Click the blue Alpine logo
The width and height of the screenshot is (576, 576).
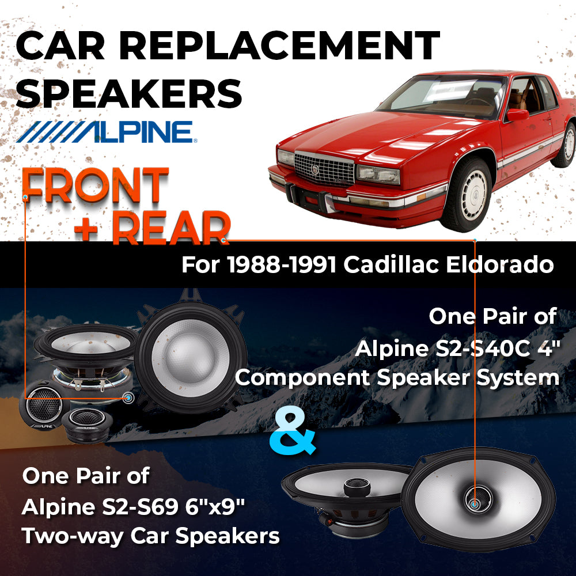107,132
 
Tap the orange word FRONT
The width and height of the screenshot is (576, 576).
96,185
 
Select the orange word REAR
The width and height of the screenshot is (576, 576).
171,228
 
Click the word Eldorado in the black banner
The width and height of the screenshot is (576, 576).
499,264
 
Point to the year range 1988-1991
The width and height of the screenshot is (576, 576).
282,264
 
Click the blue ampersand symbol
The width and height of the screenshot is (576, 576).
293,433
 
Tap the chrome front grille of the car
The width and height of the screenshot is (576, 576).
324,169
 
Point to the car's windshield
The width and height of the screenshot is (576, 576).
442,95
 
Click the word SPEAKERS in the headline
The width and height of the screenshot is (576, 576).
129,93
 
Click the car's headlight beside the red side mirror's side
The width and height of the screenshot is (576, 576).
378,174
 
